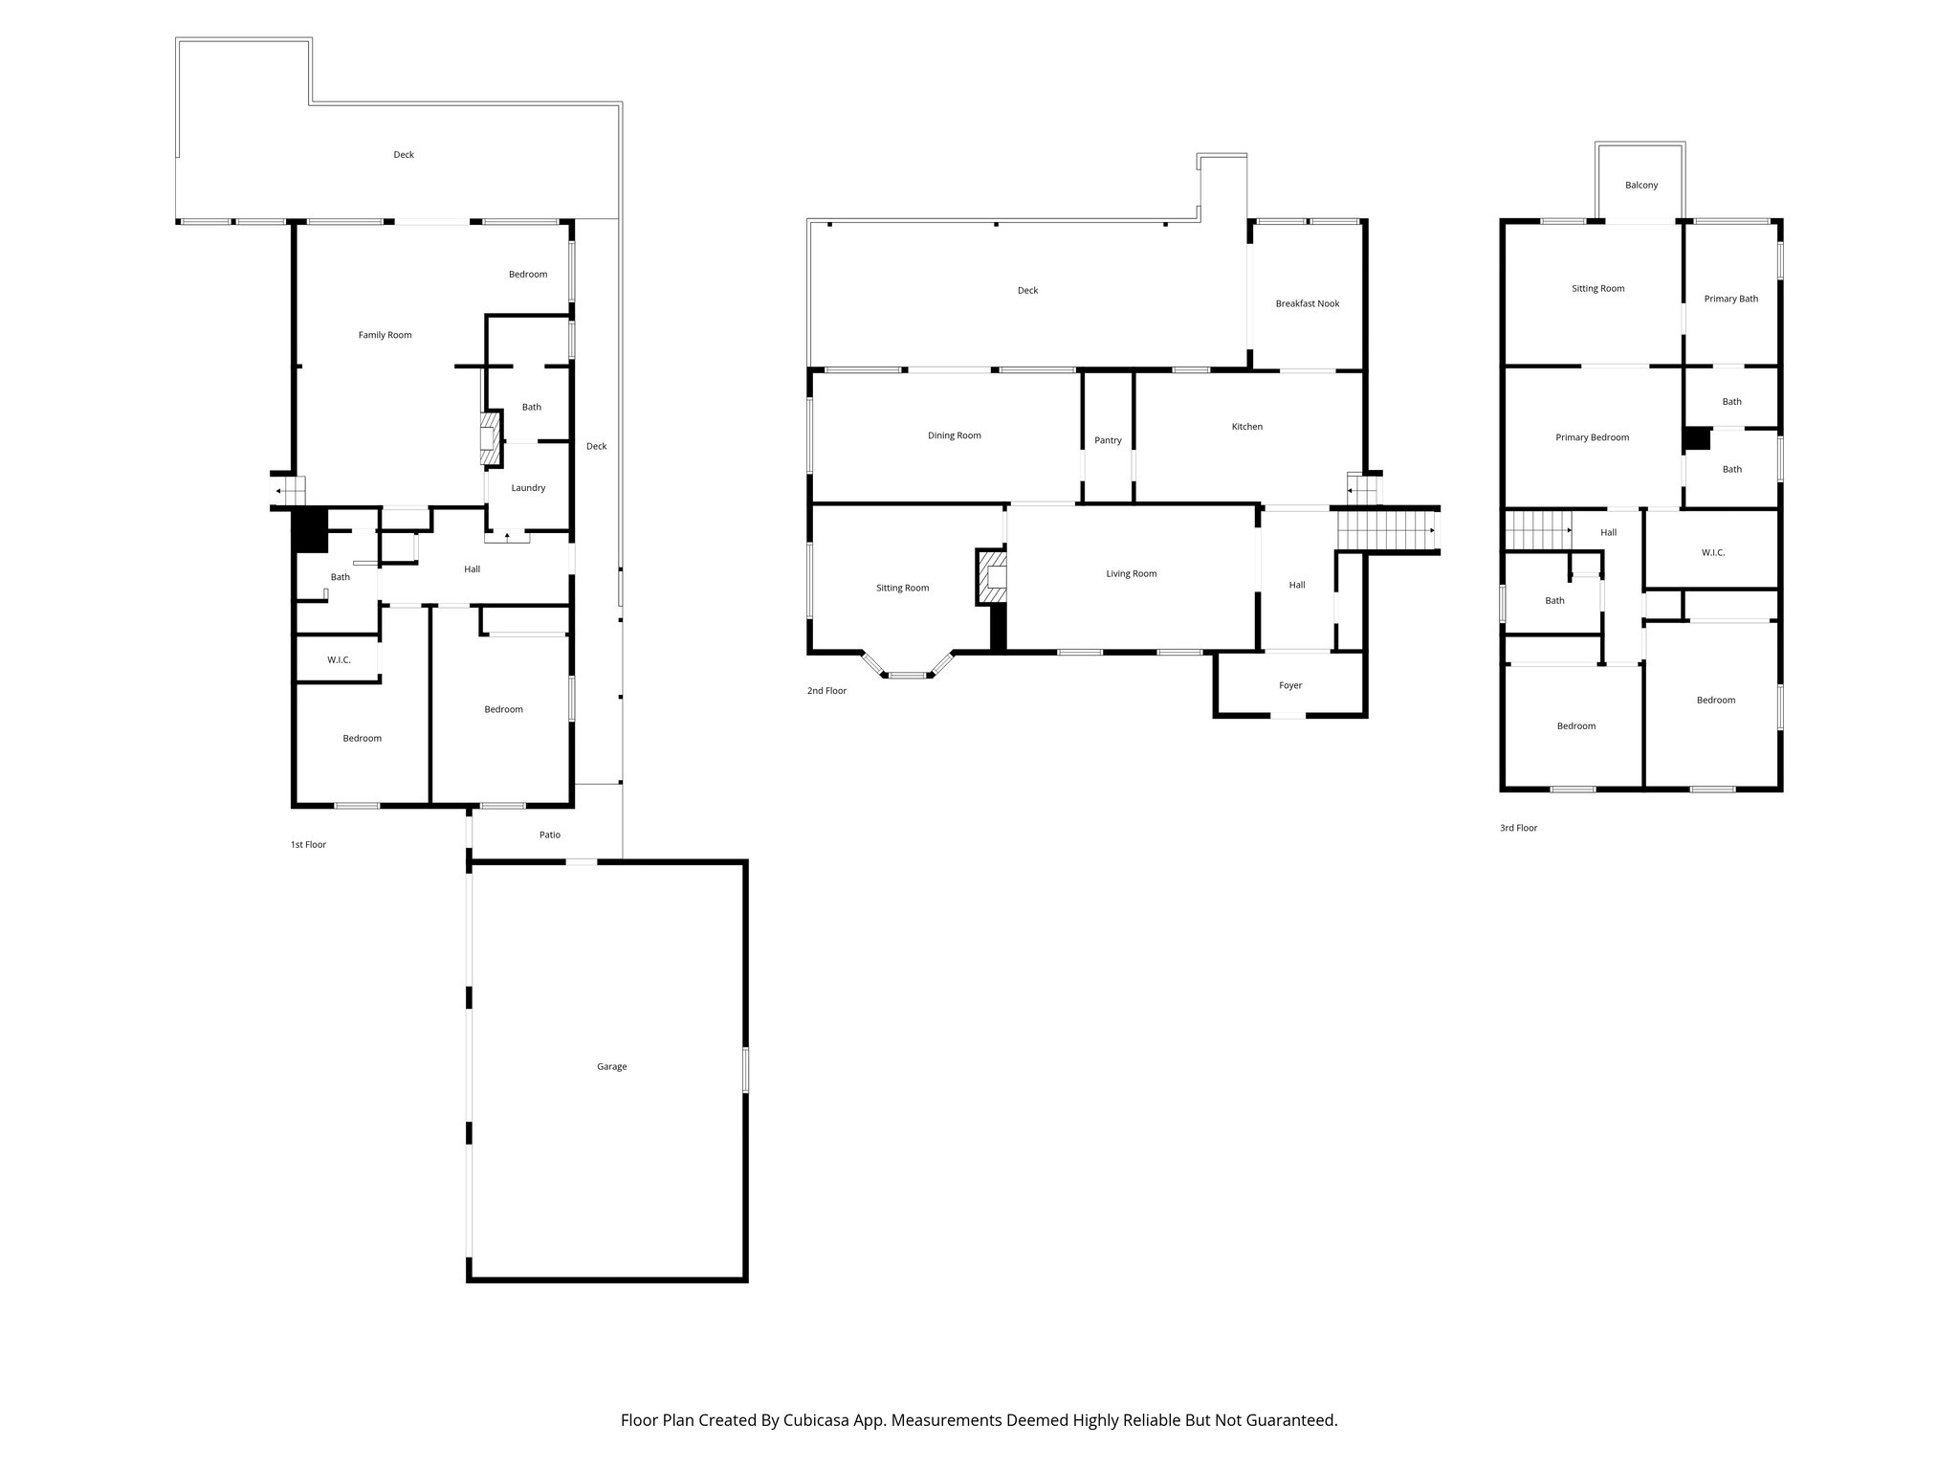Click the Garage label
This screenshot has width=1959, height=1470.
pos(611,1066)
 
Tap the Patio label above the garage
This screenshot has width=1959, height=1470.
pos(549,835)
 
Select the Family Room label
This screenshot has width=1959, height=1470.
pos(385,335)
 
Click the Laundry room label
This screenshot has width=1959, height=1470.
pos(528,488)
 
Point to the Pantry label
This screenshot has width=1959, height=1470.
pos(1108,440)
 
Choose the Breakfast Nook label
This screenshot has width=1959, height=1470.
pos(1307,303)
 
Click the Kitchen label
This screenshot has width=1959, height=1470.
pos(1246,427)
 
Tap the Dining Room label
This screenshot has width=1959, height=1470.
pos(954,435)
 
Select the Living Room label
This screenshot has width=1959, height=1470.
pos(1131,574)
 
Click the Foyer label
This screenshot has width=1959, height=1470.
pos(1290,685)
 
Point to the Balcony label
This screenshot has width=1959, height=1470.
pos(1640,185)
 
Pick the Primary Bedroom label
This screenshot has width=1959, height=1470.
pos(1592,437)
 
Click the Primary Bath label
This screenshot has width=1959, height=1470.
pos(1730,299)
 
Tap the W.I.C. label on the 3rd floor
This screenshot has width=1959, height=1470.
pos(1712,552)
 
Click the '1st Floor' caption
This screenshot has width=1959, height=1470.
pos(308,845)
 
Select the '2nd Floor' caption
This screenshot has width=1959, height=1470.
pos(826,691)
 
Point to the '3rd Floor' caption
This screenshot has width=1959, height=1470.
pos(1518,828)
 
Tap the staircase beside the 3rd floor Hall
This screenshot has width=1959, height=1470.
pos(1538,529)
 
